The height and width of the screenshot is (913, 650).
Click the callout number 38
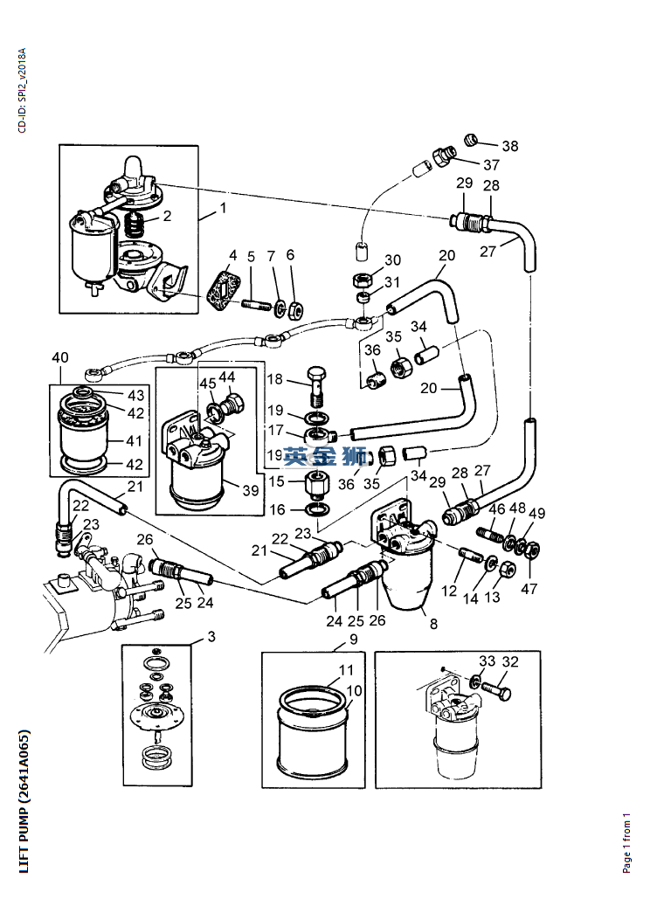[510, 146]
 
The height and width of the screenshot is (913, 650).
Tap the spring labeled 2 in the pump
[135, 225]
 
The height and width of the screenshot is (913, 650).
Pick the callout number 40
[60, 357]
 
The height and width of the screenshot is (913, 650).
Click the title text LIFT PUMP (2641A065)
[24, 801]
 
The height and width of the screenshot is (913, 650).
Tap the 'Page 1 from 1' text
[626, 842]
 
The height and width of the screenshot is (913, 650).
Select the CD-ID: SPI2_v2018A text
[22, 91]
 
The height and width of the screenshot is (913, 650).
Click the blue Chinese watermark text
[325, 456]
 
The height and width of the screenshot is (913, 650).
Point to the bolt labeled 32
[499, 691]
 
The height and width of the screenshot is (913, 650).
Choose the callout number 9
[354, 640]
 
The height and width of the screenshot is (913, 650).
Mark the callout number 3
[211, 636]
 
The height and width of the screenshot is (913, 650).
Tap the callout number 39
[251, 490]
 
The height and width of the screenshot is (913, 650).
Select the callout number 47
[529, 589]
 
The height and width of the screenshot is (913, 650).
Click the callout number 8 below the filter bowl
[433, 624]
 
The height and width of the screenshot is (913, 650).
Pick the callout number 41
[134, 441]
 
